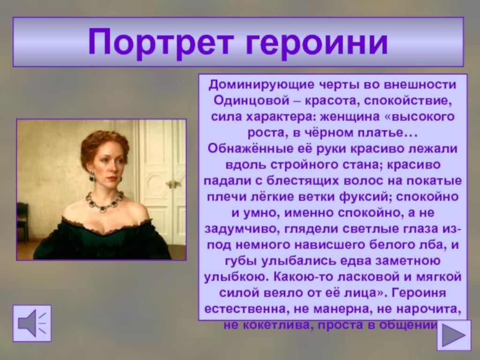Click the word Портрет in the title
(x=161, y=42)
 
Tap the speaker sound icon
(x=32, y=323)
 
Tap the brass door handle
(x=173, y=184)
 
